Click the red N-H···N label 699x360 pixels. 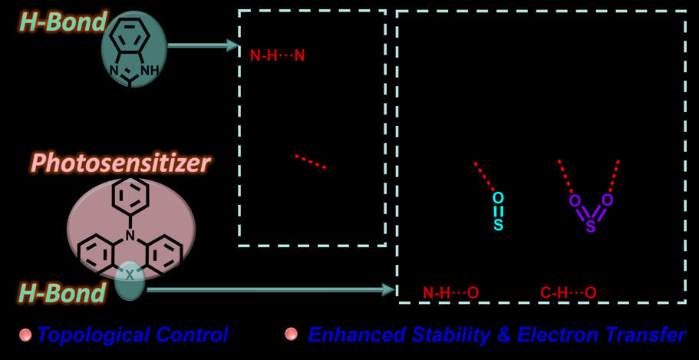(x=277, y=56)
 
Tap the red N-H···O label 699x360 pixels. (x=450, y=293)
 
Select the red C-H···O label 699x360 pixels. (x=569, y=293)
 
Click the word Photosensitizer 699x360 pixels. (x=122, y=163)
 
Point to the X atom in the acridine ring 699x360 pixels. (x=129, y=275)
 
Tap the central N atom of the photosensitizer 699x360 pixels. (x=130, y=233)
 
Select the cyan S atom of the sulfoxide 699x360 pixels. (x=499, y=224)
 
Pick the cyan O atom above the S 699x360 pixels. (x=499, y=197)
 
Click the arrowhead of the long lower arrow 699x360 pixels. (x=390, y=290)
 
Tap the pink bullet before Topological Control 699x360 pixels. (x=26, y=334)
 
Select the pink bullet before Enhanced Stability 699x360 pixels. (x=291, y=334)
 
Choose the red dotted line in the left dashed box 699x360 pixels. (x=311, y=162)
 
